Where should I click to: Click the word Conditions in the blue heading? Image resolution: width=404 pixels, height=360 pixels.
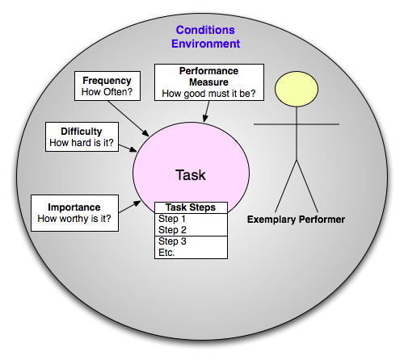(x=205, y=30)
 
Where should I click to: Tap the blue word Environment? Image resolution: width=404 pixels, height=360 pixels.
(x=205, y=44)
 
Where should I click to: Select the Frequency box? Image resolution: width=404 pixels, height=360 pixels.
(x=107, y=86)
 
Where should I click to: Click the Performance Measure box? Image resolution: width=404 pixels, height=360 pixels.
(x=209, y=82)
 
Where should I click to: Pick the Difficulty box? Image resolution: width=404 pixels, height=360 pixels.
(x=82, y=136)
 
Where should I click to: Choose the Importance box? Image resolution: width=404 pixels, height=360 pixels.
(x=74, y=213)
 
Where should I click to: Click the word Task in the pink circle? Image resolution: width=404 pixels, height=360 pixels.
(x=191, y=175)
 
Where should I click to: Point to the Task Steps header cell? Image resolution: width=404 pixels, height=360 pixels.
(x=191, y=207)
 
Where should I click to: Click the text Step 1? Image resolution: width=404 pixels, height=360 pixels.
(x=172, y=219)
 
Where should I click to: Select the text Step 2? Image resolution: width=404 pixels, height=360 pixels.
(x=172, y=230)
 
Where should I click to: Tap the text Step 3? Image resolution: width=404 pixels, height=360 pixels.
(x=172, y=241)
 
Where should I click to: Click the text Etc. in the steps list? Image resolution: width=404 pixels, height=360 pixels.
(x=166, y=253)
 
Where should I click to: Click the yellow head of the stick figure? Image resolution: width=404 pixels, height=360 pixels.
(x=297, y=89)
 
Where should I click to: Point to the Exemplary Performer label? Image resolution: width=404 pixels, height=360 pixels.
(x=296, y=220)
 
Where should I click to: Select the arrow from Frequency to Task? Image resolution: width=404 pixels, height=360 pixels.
(x=128, y=119)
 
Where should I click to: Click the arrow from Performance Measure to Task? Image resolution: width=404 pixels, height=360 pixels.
(x=207, y=111)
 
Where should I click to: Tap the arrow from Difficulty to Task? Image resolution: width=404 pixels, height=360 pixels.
(x=128, y=148)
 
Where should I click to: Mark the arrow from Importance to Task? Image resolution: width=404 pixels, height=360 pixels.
(x=129, y=207)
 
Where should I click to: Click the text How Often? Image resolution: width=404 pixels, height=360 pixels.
(x=107, y=92)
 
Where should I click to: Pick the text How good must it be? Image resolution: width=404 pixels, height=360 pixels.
(x=208, y=94)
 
